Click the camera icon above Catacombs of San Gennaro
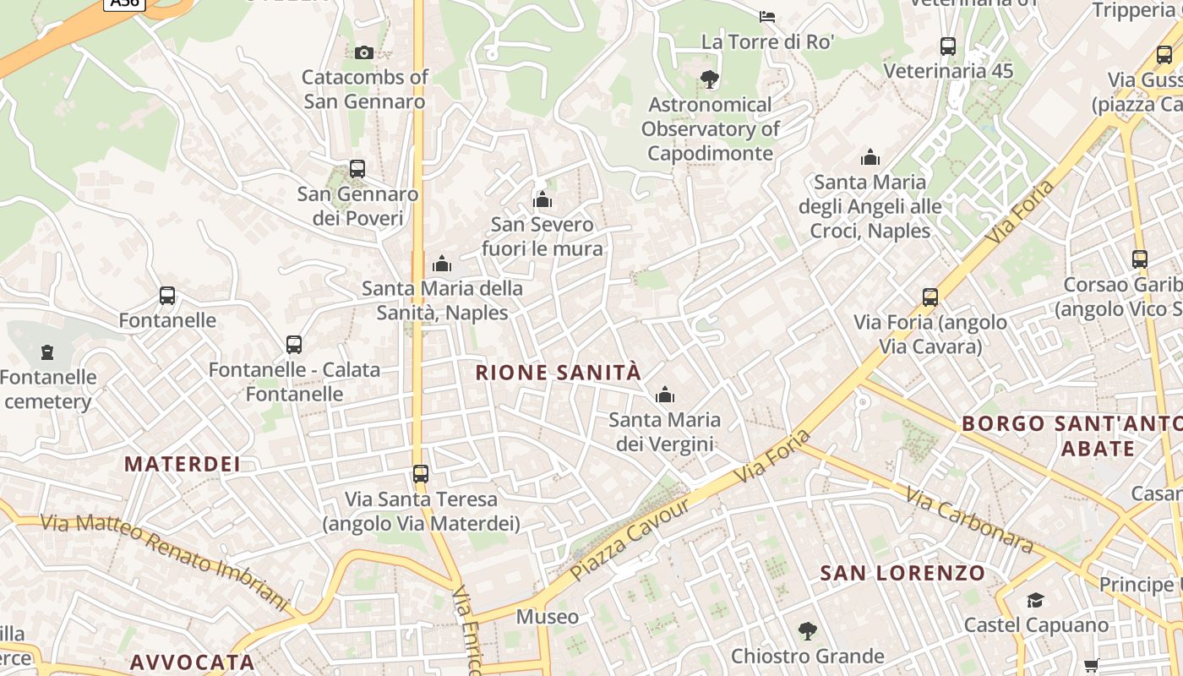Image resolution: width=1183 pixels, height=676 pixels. pos(364,52)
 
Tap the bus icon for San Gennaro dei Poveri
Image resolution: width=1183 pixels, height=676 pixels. pos(357,169)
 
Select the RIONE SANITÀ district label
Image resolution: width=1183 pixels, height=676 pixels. pos(559,373)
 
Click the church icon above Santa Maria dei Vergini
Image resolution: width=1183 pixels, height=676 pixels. pos(665,395)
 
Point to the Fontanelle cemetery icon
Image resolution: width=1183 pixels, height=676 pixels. pos(47,352)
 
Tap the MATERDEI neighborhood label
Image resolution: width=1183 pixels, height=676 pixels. pos(183,464)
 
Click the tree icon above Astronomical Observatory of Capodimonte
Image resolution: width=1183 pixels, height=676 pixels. pos(710,79)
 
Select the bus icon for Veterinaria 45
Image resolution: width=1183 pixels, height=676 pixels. pos(948,46)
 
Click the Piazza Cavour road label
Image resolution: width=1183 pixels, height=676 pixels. pos(630,538)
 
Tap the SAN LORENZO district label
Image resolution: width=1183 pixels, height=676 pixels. pos(902,574)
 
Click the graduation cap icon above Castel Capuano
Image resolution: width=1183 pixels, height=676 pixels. pos(1035,600)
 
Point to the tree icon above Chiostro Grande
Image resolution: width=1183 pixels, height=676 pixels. pos(807,630)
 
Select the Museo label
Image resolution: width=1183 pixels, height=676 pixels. pos(548,617)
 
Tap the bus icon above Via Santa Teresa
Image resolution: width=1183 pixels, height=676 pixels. pos(421,474)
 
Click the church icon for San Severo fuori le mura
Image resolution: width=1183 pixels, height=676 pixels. pos(542,200)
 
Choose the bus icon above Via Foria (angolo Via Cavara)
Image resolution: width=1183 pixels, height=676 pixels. pos(930,297)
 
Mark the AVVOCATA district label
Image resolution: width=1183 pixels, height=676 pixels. pos(193,662)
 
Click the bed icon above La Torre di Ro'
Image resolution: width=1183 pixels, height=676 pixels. pos(767,16)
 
